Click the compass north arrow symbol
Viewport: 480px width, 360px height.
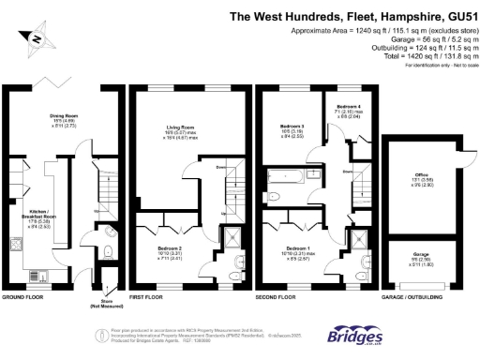[x=35, y=39]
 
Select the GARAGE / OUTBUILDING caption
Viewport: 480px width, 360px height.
[x=413, y=296]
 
